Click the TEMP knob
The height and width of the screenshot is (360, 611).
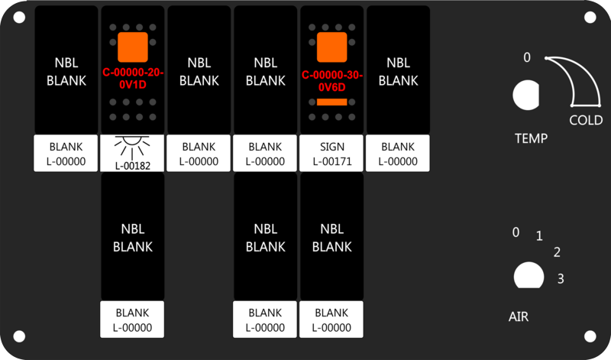coord(526,95)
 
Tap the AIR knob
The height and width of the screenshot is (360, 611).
coord(529,275)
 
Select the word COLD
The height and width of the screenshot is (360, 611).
coord(586,120)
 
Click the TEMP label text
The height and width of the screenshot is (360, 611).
coord(531,138)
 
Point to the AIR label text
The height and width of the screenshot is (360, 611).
coord(519,316)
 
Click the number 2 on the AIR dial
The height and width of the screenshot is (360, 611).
coord(558,252)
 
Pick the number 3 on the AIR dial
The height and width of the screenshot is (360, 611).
coord(561,279)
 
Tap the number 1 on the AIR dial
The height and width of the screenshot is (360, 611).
coord(539,236)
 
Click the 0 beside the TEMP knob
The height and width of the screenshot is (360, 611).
coord(527,58)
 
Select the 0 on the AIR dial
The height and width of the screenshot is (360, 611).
coord(516,232)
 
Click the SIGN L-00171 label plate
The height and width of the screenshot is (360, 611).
coord(331,154)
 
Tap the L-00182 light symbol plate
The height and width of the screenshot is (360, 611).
coord(132,154)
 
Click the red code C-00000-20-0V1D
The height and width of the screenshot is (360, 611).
coord(133,79)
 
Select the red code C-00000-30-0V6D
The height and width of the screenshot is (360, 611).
coord(332,81)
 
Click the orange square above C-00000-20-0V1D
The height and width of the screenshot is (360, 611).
coord(133,47)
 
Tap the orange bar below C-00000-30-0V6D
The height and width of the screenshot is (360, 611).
coord(332,102)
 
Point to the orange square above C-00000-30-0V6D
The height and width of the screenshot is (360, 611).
coord(332,47)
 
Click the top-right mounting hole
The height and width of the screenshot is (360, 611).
coord(590,18)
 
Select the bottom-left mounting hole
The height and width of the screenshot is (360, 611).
coord(19,336)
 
